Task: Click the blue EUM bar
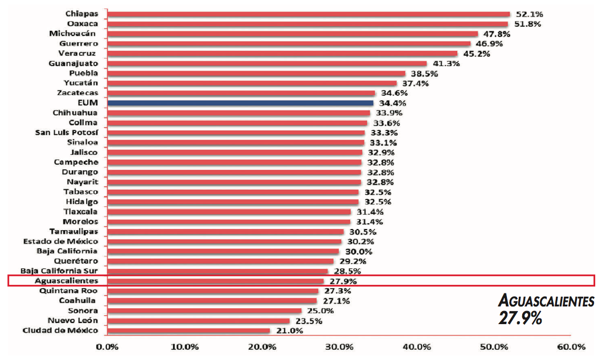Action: (x=240, y=103)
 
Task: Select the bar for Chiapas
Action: (x=308, y=14)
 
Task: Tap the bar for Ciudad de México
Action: (x=188, y=330)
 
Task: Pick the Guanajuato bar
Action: (x=267, y=63)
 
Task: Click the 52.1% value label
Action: (x=529, y=14)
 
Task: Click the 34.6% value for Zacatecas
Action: (x=392, y=93)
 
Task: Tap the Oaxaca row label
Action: (x=83, y=24)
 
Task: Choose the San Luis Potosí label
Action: (x=67, y=133)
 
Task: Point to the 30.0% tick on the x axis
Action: (x=340, y=347)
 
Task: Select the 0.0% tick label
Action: (x=107, y=347)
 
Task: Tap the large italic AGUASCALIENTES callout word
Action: (x=546, y=301)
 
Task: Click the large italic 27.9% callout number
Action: (x=520, y=318)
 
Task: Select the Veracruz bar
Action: (x=282, y=54)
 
